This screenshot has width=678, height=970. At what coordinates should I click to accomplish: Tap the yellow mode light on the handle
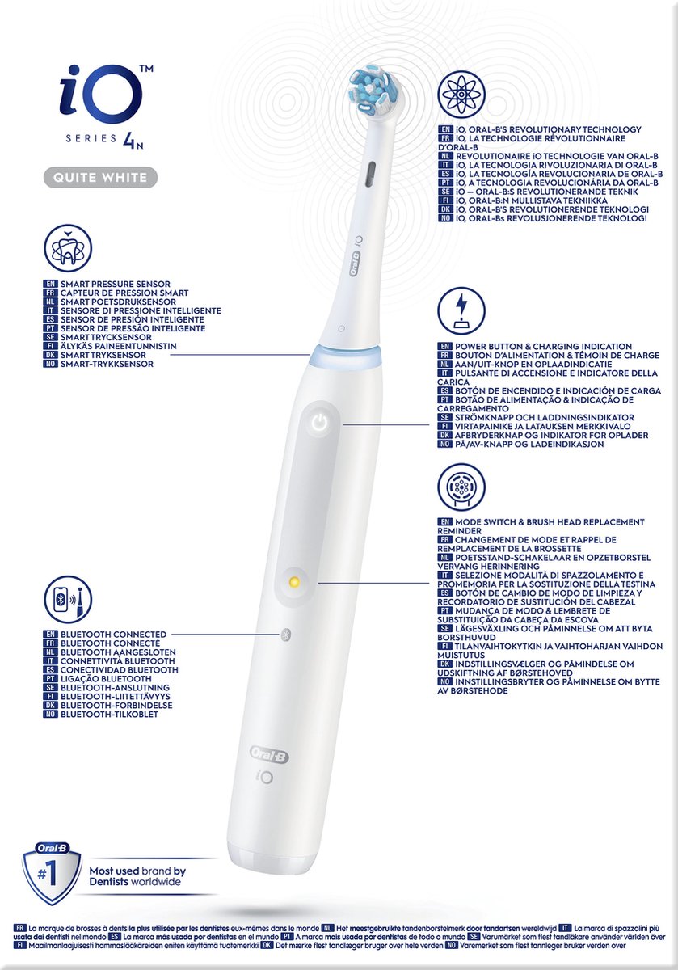(294, 581)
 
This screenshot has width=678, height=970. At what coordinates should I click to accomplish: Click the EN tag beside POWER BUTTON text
(444, 346)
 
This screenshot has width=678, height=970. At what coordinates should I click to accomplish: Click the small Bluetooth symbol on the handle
(284, 635)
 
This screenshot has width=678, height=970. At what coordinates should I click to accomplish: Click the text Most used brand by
(137, 871)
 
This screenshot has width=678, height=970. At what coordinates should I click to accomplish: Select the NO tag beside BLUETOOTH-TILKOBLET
(50, 715)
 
